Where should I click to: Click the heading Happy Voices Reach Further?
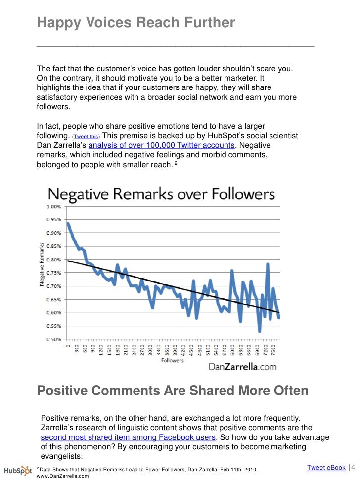[x=136, y=23]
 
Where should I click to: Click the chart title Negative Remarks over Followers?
[x=161, y=193]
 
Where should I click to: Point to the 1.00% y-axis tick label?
[x=54, y=206]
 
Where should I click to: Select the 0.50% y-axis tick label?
[x=54, y=339]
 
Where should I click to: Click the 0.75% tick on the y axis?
[x=54, y=272]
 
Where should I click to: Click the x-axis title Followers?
[x=172, y=360]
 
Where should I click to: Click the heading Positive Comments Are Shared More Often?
[x=173, y=391]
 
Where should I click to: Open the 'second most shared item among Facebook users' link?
[x=128, y=438]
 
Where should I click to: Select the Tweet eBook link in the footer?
[x=326, y=468]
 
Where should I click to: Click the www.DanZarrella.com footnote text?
[x=63, y=477]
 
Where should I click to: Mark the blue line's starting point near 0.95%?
[x=67, y=223]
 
